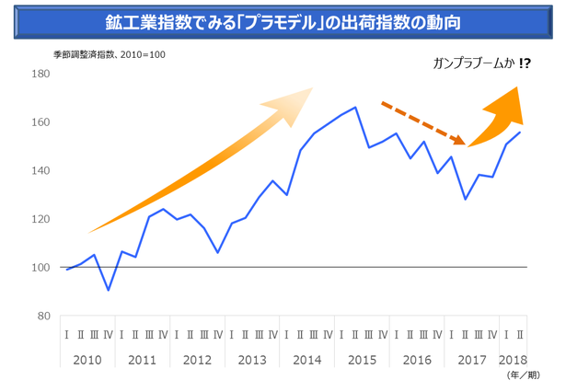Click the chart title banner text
283,19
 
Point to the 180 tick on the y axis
40,74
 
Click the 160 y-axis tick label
40,122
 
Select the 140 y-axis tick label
40,171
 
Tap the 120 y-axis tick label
40,219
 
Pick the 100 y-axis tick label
40,268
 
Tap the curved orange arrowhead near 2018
508,104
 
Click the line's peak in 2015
355,108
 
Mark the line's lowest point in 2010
109,291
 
